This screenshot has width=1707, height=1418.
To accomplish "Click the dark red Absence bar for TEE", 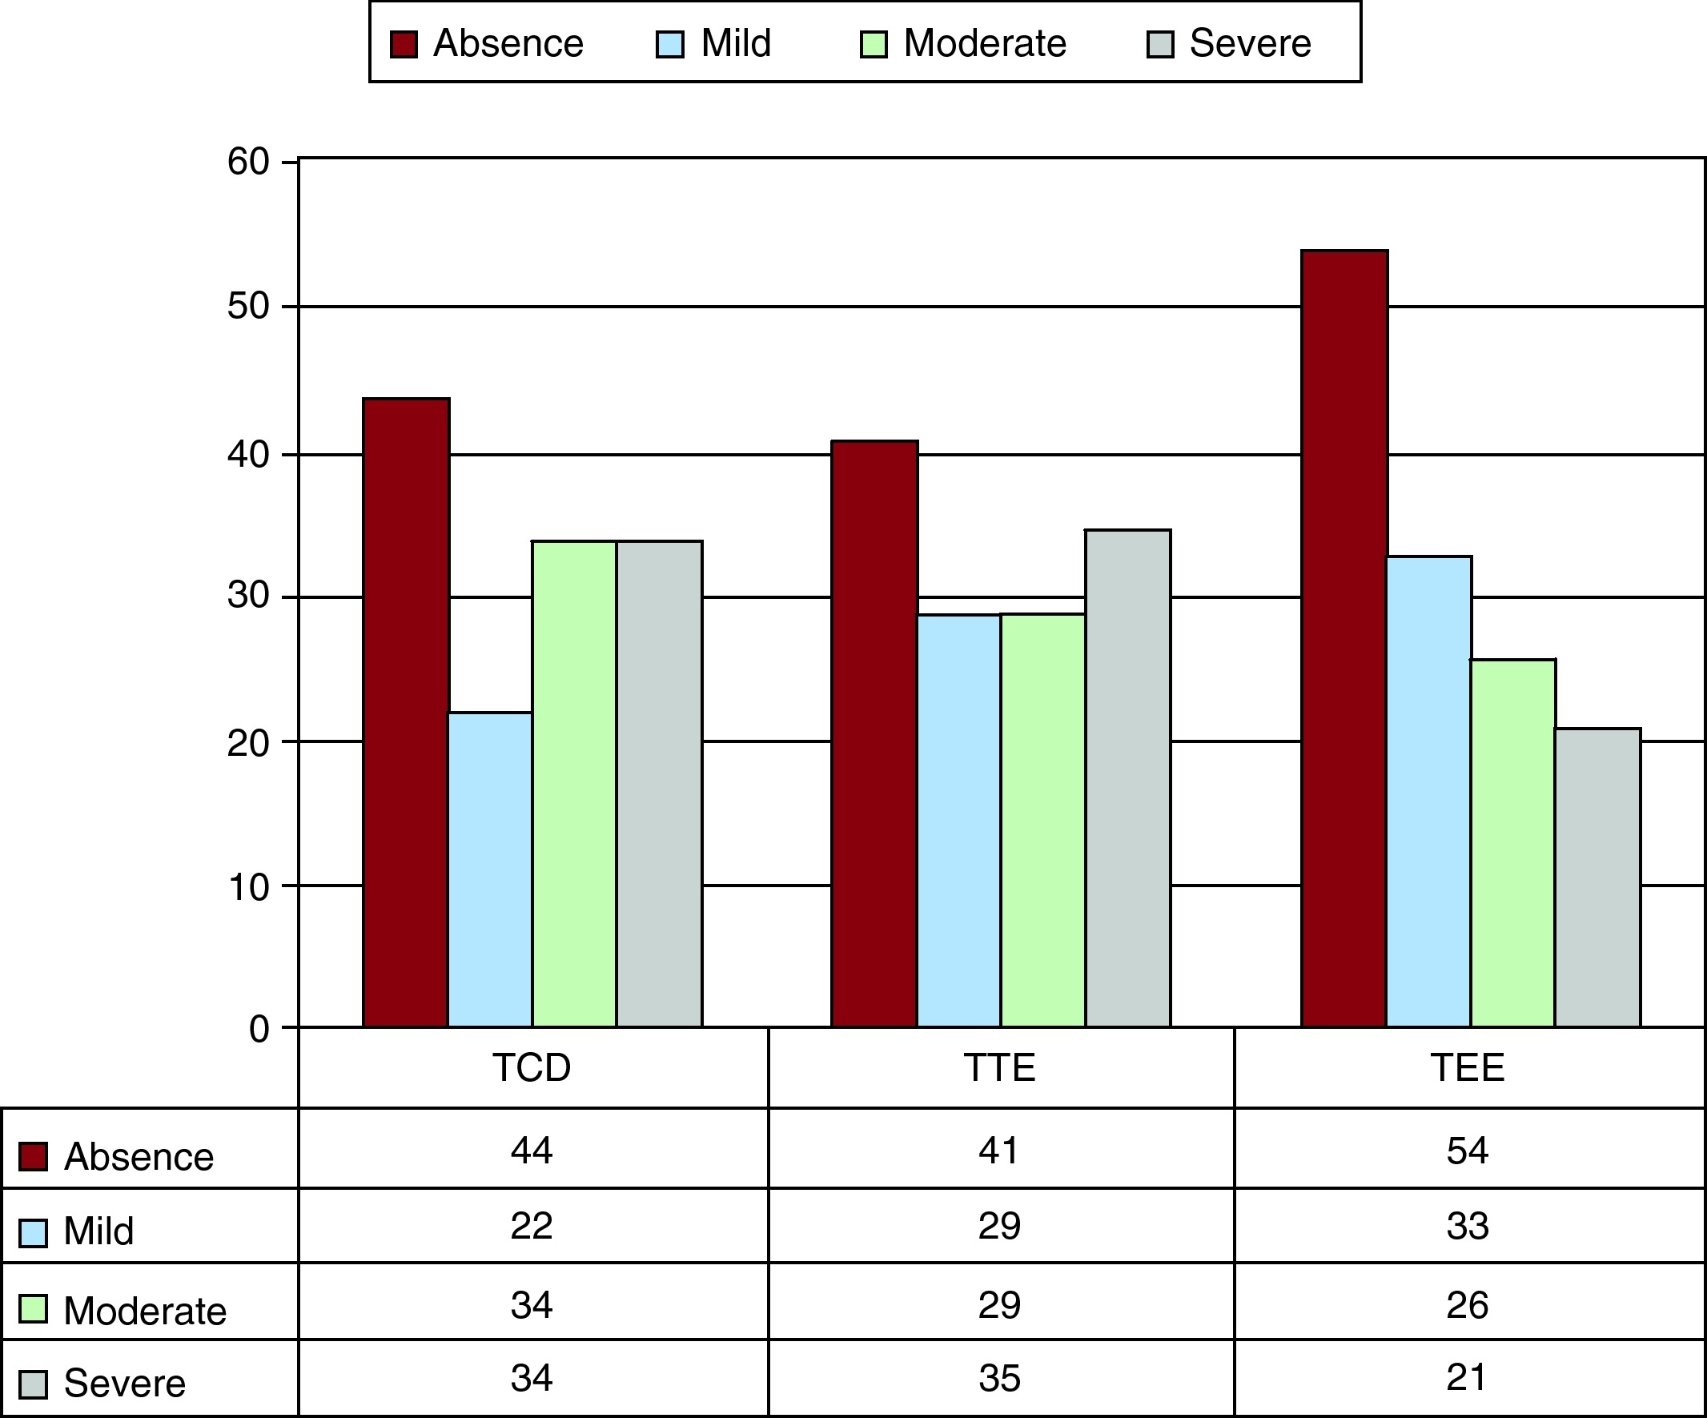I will (x=1344, y=638).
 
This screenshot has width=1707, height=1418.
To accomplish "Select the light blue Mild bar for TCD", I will (x=489, y=870).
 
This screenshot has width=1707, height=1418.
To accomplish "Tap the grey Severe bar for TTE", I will (x=1127, y=778).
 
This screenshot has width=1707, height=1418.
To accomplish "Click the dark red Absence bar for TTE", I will (x=874, y=733).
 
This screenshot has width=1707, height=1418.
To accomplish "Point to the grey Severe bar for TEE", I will (x=1597, y=878).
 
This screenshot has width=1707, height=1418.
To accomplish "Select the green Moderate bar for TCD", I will (x=574, y=784).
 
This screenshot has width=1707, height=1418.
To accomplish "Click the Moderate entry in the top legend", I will (x=983, y=43).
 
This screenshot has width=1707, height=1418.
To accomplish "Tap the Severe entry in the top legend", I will (x=1249, y=43).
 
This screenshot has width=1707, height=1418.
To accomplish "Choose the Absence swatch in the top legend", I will (x=404, y=44).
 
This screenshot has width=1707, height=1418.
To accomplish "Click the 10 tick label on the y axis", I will (x=248, y=887).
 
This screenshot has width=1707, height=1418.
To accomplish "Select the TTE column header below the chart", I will (x=999, y=1067).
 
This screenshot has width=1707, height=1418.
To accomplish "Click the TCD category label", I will (x=532, y=1067).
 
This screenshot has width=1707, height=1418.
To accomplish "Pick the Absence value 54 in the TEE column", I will (x=1468, y=1151).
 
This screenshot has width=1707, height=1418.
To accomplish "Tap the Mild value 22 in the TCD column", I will (x=532, y=1225).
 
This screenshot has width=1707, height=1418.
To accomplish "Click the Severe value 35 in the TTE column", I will (x=999, y=1378).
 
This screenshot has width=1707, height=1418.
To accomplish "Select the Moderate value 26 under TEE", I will (x=1468, y=1304).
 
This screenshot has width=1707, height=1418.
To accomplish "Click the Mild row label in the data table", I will (x=98, y=1231).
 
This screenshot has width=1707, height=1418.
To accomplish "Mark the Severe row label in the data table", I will (x=123, y=1383).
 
